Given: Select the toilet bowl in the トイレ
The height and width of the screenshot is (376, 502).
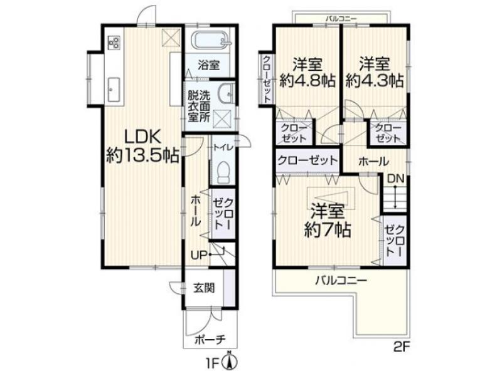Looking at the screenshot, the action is [223, 172].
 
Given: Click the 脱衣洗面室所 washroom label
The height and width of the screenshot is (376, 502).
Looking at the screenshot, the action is [199, 107].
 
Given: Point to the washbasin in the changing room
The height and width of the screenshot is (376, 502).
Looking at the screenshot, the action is [225, 93].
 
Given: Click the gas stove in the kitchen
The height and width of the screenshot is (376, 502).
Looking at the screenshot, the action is [114, 43].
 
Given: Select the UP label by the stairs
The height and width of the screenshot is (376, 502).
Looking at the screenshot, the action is [198, 255].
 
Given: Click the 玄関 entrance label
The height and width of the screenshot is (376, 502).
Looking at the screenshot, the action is [204, 288].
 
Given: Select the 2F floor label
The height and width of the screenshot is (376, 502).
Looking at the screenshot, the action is [402, 347].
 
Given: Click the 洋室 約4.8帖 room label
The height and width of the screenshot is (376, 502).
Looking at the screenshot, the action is [307, 73].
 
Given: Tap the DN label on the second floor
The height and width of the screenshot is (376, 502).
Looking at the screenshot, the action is [396, 179].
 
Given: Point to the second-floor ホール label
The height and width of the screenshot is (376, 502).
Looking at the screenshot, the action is [373, 162].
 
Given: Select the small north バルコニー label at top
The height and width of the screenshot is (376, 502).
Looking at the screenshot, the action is [341, 19].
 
